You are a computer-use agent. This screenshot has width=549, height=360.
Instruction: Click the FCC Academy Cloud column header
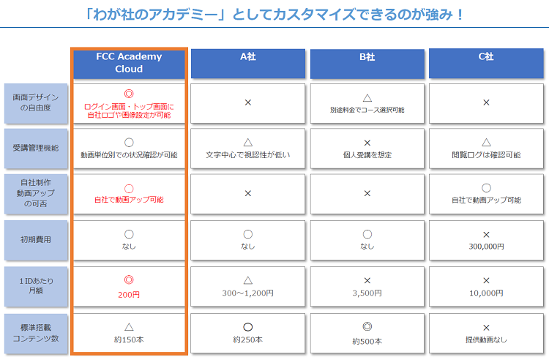coord(129,64)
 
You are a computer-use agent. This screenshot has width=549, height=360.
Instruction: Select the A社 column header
coord(248,64)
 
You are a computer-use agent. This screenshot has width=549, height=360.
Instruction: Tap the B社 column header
coord(367,64)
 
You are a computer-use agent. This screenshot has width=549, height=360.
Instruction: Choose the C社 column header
coord(486,64)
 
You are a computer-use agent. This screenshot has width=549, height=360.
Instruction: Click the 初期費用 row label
coord(36,240)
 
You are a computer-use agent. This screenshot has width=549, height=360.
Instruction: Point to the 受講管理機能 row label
coord(36,149)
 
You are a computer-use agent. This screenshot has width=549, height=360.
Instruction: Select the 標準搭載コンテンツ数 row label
coord(36,334)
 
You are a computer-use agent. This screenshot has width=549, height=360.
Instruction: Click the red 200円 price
coord(129,295)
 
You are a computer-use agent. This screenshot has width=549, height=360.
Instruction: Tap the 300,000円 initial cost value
coord(486,247)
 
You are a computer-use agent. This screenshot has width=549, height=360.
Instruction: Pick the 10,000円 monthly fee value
coord(486,293)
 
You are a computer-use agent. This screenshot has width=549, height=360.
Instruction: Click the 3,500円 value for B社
coord(367,293)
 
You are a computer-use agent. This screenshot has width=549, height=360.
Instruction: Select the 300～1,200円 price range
coord(248,293)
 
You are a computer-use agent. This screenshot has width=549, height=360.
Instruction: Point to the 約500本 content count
coord(367,341)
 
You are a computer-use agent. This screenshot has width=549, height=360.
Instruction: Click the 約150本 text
coord(129,340)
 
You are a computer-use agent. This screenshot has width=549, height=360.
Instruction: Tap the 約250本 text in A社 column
coord(248,340)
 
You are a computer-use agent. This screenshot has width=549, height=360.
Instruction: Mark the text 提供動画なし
coord(486,340)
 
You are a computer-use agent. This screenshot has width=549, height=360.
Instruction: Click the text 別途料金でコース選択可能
coord(367,110)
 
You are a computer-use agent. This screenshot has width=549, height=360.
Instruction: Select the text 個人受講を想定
coord(367,155)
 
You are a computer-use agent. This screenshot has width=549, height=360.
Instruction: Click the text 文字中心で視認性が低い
coord(248,155)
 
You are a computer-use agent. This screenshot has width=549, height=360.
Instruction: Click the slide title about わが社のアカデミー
coord(274,15)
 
